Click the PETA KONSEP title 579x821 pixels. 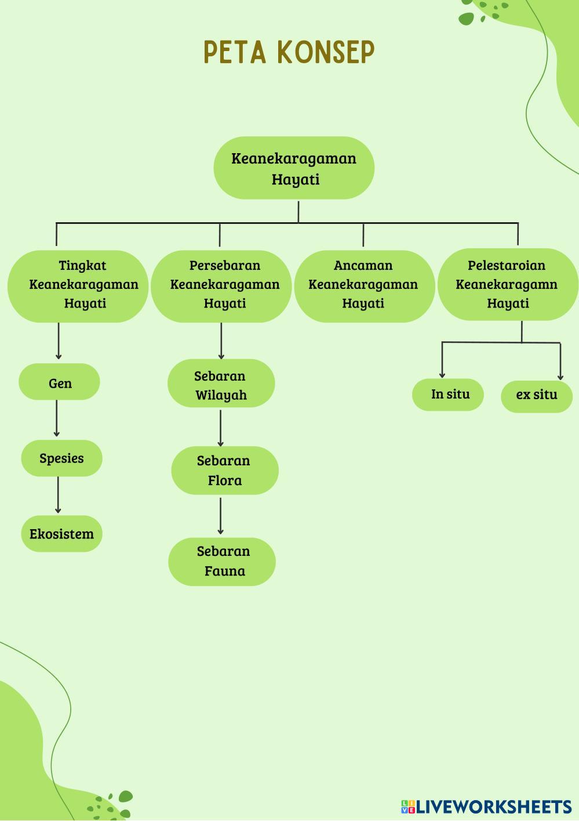[289, 52]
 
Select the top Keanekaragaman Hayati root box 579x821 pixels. [294, 168]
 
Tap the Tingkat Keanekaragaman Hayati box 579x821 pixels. [78, 285]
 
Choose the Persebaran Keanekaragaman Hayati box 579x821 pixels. [221, 285]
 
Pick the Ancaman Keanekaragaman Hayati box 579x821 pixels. [364, 285]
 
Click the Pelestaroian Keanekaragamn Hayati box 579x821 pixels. [508, 284]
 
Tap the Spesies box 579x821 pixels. [61, 458]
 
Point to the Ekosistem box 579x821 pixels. [61, 534]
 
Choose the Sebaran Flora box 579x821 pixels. [224, 471]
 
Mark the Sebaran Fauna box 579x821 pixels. [222, 562]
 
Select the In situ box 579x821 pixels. [448, 395]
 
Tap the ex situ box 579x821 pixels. [537, 396]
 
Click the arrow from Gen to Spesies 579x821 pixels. [57, 418]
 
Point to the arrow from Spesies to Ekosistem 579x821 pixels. [58, 495]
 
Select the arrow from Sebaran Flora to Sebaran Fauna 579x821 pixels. [220, 516]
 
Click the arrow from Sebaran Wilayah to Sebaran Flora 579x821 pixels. [220, 428]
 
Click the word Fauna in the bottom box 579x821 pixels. [224, 571]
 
